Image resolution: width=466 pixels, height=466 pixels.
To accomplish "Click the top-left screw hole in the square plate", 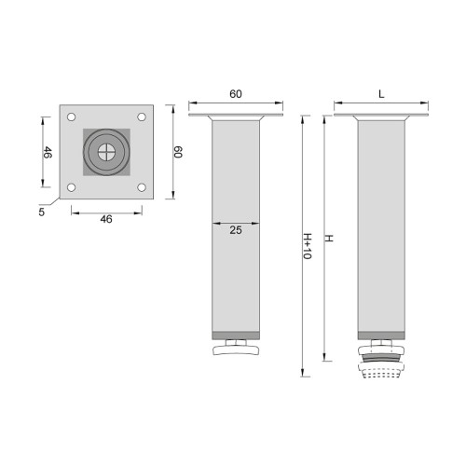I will (x=70, y=117).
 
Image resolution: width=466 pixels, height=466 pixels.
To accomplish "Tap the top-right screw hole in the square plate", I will (x=140, y=117).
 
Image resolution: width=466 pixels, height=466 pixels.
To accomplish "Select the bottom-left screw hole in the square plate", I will (x=70, y=186).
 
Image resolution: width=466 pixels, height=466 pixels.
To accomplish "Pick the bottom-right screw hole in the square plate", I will (x=140, y=186).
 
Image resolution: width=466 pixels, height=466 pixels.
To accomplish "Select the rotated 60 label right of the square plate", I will (x=178, y=152).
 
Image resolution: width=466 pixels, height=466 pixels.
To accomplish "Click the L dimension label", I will (x=382, y=94).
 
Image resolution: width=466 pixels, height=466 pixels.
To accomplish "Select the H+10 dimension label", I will (x=307, y=248).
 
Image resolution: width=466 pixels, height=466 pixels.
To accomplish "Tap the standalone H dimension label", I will (x=328, y=239).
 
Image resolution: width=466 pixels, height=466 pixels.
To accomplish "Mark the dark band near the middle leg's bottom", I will (x=234, y=334).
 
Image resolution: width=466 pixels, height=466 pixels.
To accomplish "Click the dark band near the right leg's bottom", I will (x=382, y=334).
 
